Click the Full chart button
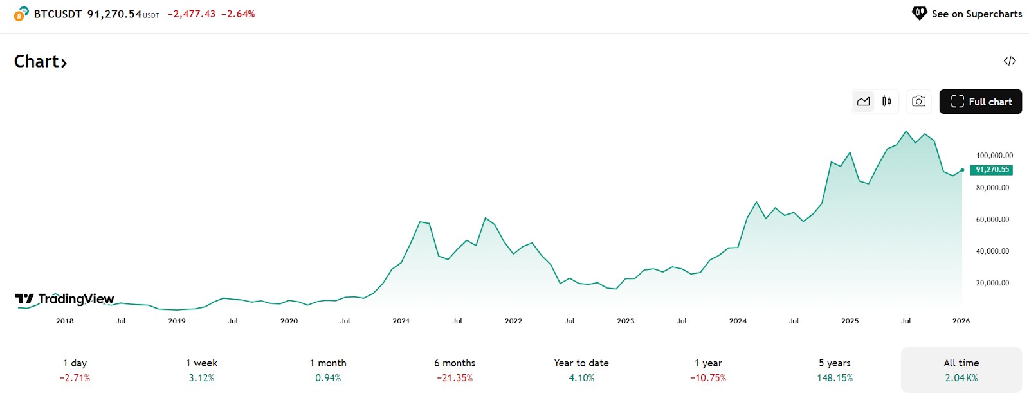pos(980,102)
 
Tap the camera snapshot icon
pos(918,102)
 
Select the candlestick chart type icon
pos(887,102)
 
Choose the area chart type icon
pos(863,102)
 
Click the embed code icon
pos(1010,61)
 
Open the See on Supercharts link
pos(967,14)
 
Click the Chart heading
pos(41,62)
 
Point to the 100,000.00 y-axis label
pos(994,155)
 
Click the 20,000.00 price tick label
pos(993,283)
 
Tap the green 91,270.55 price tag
pos(991,170)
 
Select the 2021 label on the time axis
pos(401,321)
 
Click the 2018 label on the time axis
pos(65,321)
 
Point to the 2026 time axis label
pos(961,321)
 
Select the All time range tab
pos(961,370)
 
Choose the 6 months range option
pos(455,370)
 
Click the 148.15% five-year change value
pos(835,378)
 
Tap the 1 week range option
pos(201,370)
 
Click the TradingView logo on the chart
pos(64,299)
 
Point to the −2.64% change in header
pos(238,14)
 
